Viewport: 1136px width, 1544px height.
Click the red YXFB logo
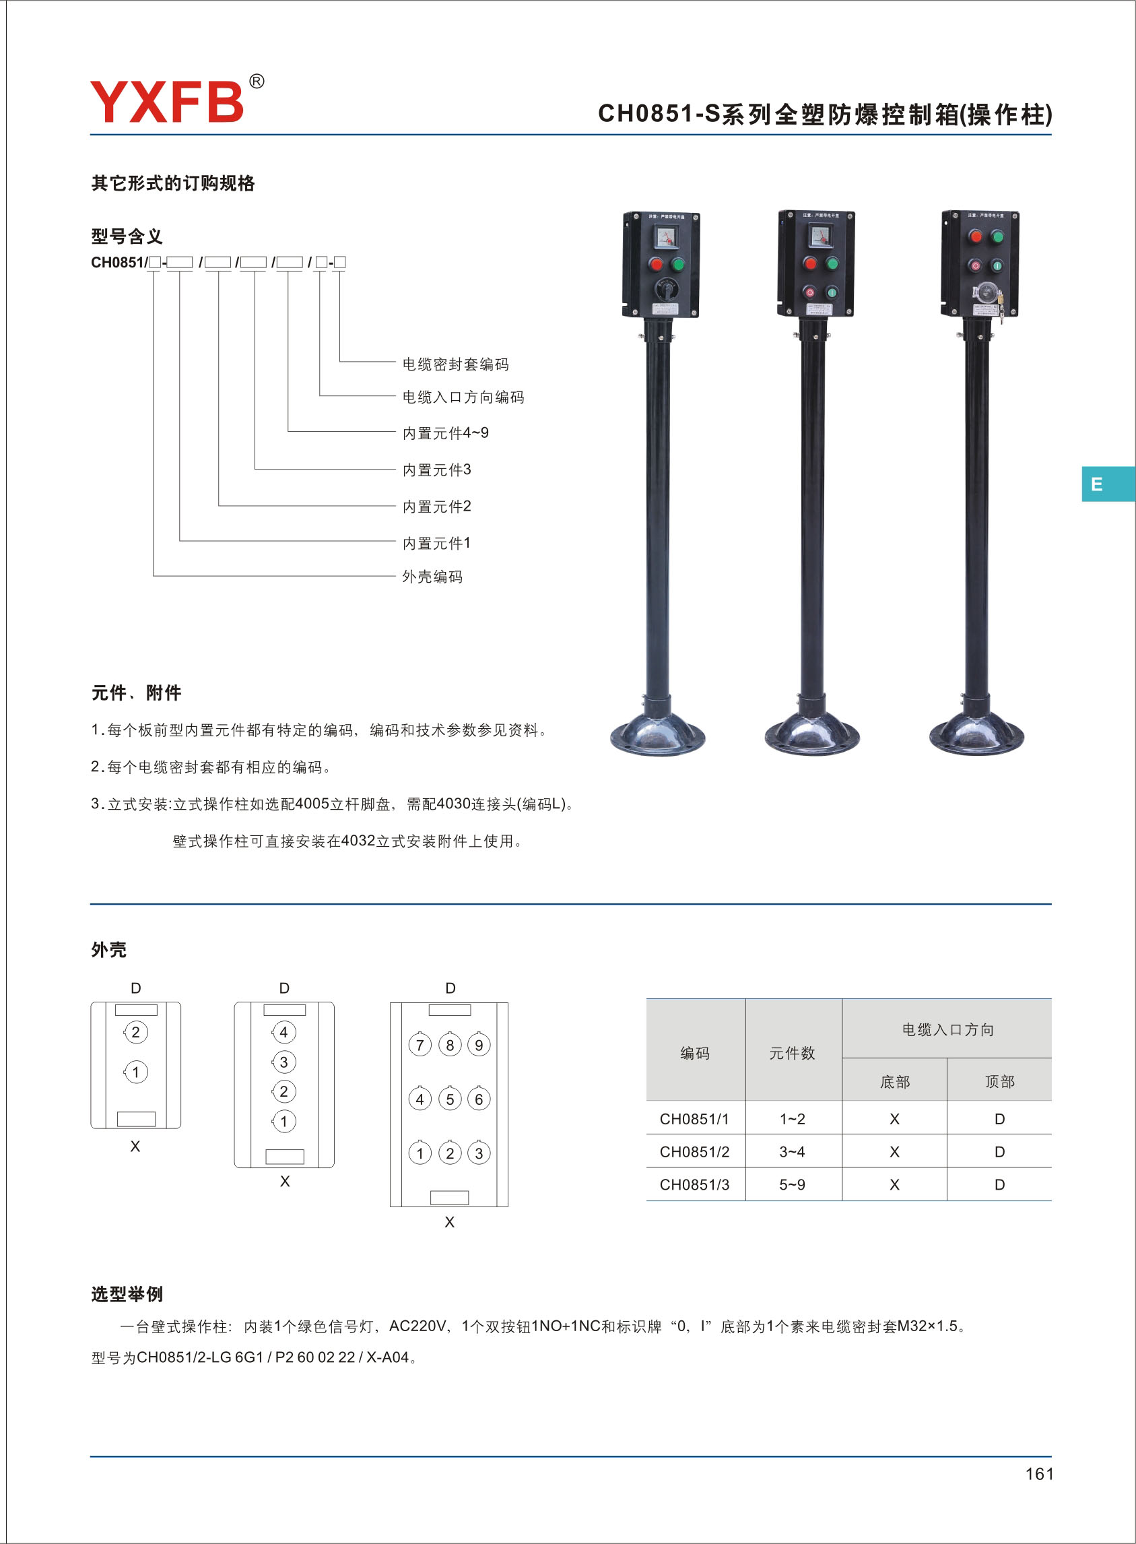pyautogui.click(x=167, y=100)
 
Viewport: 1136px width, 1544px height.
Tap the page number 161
pyautogui.click(x=1038, y=1473)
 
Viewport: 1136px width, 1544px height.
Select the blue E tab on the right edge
pyautogui.click(x=1108, y=484)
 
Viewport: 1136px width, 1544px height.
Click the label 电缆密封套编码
pyautogui.click(x=455, y=364)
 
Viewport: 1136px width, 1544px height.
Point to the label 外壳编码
pyautogui.click(x=432, y=577)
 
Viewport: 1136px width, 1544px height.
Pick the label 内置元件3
pyautogui.click(x=436, y=470)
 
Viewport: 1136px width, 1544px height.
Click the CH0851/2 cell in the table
pyautogui.click(x=694, y=1151)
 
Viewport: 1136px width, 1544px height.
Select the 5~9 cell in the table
pyautogui.click(x=792, y=1184)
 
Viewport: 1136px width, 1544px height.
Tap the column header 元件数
pyautogui.click(x=792, y=1053)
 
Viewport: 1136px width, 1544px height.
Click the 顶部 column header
pyautogui.click(x=1000, y=1081)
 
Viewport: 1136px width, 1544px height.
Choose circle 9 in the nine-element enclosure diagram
pyautogui.click(x=479, y=1045)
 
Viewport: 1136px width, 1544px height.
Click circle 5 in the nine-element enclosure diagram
pyautogui.click(x=450, y=1098)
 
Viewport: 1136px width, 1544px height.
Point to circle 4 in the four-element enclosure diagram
pyautogui.click(x=283, y=1031)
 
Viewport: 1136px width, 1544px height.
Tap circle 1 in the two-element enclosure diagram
pyautogui.click(x=135, y=1072)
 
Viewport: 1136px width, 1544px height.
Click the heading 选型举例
pyautogui.click(x=127, y=1294)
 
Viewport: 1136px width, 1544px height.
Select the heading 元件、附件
pyautogui.click(x=136, y=693)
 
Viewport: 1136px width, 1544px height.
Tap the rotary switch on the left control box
pyautogui.click(x=666, y=290)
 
